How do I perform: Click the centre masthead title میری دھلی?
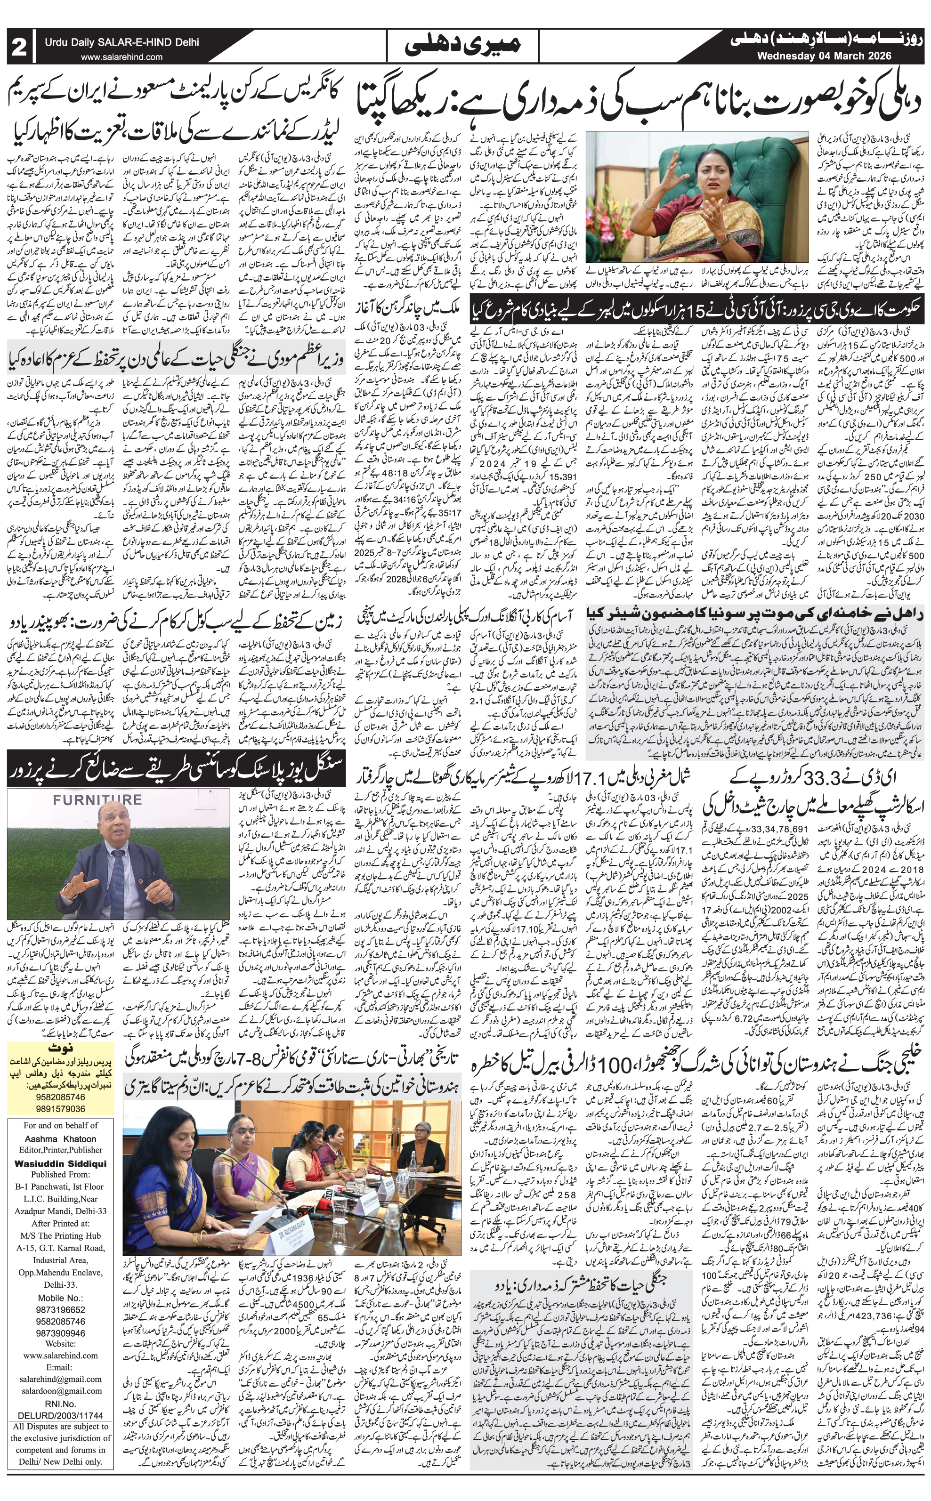click(465, 46)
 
